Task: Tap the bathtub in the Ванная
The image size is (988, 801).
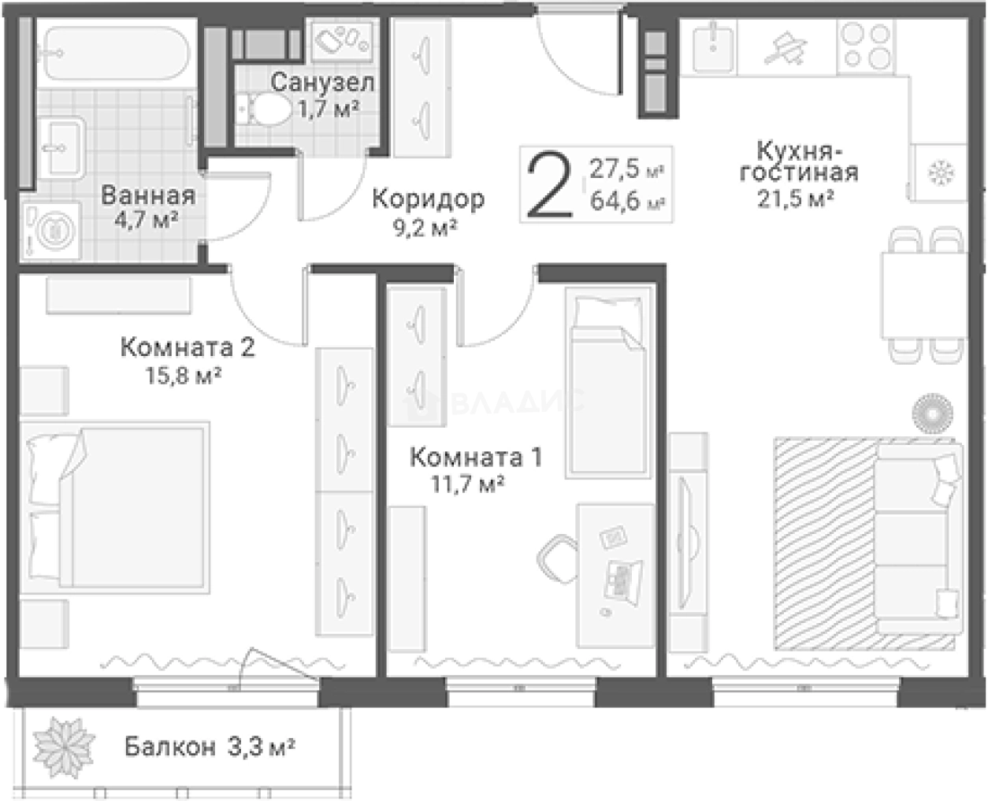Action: click(x=116, y=54)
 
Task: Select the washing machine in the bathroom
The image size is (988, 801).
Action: click(x=52, y=231)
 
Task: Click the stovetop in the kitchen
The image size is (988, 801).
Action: click(x=866, y=46)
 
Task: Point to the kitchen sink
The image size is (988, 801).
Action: click(x=713, y=46)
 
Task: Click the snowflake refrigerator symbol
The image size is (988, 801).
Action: click(x=942, y=173)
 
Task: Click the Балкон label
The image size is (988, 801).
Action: click(x=169, y=747)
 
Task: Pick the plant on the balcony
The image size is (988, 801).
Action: click(x=64, y=747)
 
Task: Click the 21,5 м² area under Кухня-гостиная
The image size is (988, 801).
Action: click(x=796, y=198)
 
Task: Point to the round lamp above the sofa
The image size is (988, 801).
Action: click(x=932, y=413)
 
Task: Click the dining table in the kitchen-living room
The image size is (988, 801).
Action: click(x=924, y=295)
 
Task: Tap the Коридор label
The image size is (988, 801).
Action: click(x=428, y=199)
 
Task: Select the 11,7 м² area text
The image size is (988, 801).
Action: click(x=467, y=484)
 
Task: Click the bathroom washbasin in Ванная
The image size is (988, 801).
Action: click(x=61, y=147)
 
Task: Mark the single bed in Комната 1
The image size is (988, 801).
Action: click(x=608, y=383)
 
